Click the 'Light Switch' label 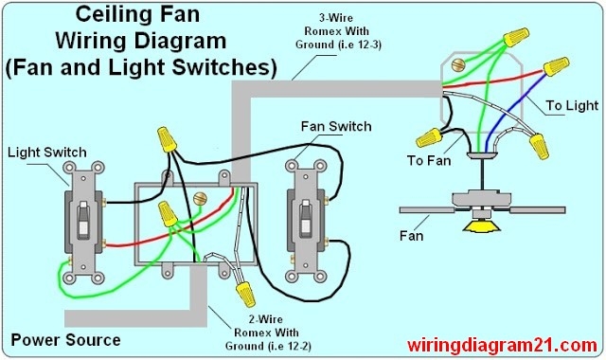[46, 152]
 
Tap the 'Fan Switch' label [335, 126]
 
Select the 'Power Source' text [65, 339]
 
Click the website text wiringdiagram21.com [503, 344]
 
